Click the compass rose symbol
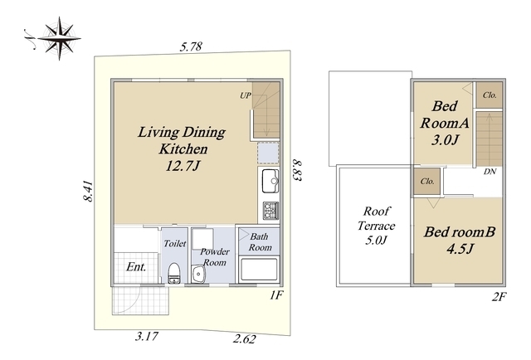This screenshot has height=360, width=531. point(59,38)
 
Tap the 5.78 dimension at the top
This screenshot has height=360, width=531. point(191,46)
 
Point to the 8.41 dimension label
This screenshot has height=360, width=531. point(88,192)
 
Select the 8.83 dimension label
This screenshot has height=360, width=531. point(297,170)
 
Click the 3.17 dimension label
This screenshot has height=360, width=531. point(147,336)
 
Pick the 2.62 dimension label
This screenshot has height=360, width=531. point(244,338)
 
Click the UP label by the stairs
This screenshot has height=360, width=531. point(246,95)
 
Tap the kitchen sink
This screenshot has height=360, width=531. point(270,181)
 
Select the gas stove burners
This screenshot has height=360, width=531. point(270,211)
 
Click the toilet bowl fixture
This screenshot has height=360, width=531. point(174,273)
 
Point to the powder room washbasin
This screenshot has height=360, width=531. point(197,275)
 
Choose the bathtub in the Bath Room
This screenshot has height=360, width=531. point(259,270)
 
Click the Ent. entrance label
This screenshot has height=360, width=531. point(136,267)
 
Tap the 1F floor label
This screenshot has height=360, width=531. point(276,295)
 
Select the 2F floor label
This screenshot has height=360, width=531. point(499,297)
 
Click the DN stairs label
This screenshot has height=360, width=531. point(490,172)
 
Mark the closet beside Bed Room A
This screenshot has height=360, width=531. point(490,95)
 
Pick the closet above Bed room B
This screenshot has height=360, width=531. point(427,182)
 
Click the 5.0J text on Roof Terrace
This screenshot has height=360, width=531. point(376,241)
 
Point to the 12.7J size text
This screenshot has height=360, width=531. point(183,166)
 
